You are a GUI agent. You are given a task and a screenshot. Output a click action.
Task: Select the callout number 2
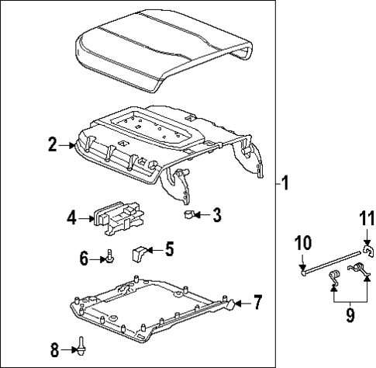click(52, 144)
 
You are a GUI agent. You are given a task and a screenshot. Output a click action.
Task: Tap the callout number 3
click(217, 214)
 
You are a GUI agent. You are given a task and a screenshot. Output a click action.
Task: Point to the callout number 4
click(71, 218)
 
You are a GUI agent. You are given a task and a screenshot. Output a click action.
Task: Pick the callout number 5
click(170, 249)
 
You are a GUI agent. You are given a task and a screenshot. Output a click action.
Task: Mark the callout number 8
click(54, 349)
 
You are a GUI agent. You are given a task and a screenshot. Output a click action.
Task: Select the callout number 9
click(351, 316)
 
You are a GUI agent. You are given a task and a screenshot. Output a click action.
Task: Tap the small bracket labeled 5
click(140, 252)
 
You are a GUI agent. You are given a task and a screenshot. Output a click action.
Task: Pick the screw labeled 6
click(111, 256)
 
